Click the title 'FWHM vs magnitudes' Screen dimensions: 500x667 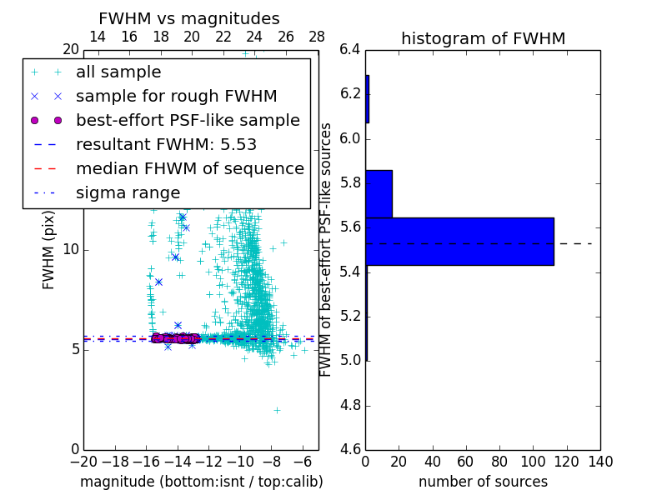point(188,18)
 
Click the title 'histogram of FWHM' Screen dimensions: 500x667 point(483,38)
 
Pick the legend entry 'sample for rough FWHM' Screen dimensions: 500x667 point(176,96)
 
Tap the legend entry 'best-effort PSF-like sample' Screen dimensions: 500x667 point(188,120)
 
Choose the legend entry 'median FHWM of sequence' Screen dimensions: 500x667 point(189,168)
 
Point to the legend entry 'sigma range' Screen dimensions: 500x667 point(128,192)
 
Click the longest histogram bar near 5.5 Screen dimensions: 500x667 point(459,241)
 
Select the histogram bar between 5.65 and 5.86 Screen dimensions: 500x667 point(379,193)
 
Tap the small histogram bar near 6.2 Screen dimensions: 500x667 point(367,99)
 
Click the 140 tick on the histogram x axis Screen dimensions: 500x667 point(600,462)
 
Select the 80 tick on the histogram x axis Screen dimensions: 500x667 point(499,462)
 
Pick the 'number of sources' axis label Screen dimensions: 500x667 point(483,482)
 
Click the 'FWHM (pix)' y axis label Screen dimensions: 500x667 point(49,250)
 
